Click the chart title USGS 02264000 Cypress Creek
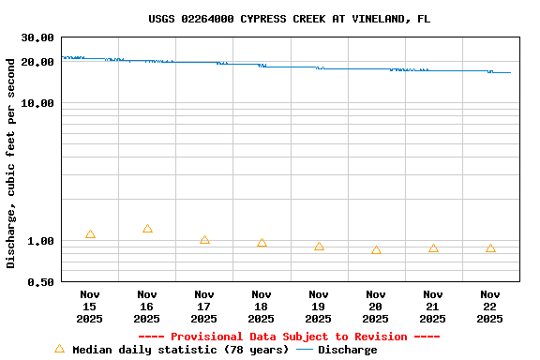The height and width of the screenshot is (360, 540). [289, 19]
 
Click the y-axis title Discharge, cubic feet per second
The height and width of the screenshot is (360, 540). [11, 163]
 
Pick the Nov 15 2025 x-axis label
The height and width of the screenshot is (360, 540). [90, 307]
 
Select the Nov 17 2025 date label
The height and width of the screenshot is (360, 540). [204, 307]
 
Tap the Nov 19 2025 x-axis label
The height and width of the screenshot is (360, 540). [319, 307]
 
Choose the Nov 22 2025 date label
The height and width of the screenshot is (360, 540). [490, 307]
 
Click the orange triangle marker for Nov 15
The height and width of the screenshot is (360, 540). [90, 234]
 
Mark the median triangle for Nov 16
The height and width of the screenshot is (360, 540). [147, 229]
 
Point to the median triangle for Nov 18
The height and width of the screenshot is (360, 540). [262, 243]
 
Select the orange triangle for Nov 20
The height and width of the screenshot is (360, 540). [376, 250]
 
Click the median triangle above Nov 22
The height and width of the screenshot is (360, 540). [490, 248]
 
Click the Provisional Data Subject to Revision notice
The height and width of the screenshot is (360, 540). [289, 337]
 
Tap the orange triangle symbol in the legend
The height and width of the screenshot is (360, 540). [59, 349]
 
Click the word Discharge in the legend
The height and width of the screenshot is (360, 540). [347, 350]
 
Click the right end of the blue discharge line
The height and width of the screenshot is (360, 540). [510, 72]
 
